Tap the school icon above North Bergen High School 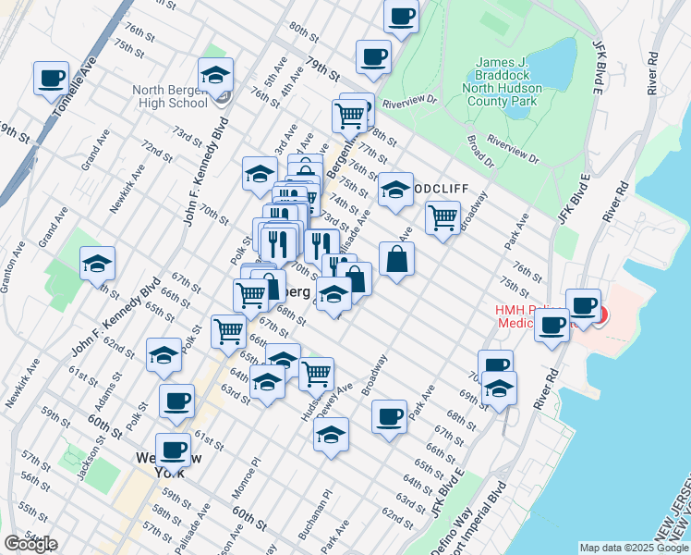click(215, 74)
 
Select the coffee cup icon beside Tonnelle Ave click(52, 78)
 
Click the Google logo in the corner click(30, 544)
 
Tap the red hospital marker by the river click(600, 315)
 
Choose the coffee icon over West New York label click(173, 450)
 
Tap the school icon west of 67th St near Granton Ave click(97, 265)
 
